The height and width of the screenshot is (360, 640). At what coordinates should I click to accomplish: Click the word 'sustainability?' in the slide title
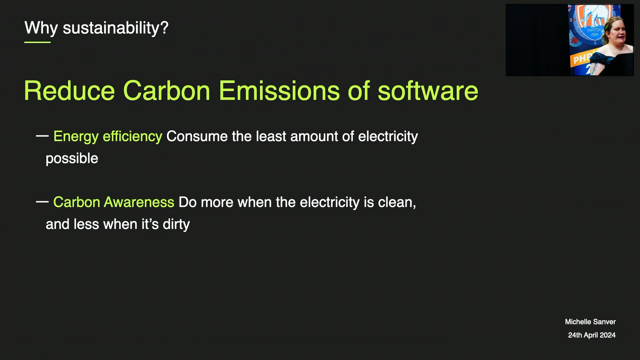coord(116,28)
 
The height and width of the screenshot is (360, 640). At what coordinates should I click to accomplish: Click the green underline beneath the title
coord(37,42)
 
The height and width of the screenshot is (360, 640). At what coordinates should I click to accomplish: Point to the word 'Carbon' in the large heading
coord(167,91)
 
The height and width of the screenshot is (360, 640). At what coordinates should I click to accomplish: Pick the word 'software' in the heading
coord(428,91)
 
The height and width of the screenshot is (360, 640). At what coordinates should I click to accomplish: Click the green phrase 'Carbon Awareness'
coord(114,202)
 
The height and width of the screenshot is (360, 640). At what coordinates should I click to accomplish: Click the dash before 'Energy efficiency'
coord(42,136)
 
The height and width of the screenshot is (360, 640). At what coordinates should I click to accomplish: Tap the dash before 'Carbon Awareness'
coord(42,202)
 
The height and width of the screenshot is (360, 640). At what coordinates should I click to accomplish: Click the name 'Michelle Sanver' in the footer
coord(590,322)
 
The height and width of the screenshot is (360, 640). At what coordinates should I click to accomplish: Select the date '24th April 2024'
coord(592,335)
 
